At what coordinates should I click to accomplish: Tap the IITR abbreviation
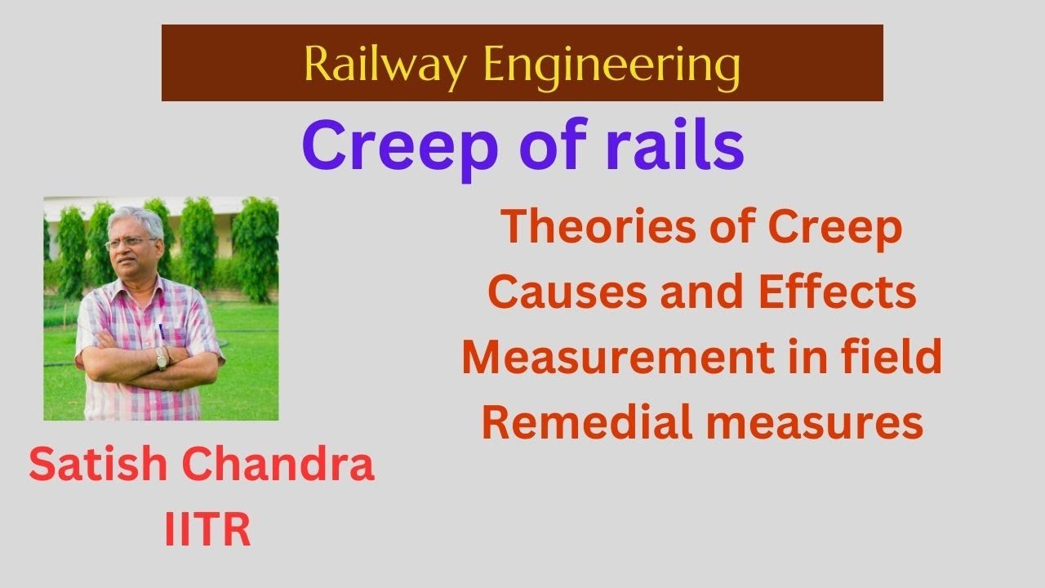(207, 530)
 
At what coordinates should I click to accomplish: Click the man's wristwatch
(162, 358)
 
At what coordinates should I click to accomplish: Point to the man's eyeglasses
(131, 243)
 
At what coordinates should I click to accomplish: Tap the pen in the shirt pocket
(161, 330)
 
